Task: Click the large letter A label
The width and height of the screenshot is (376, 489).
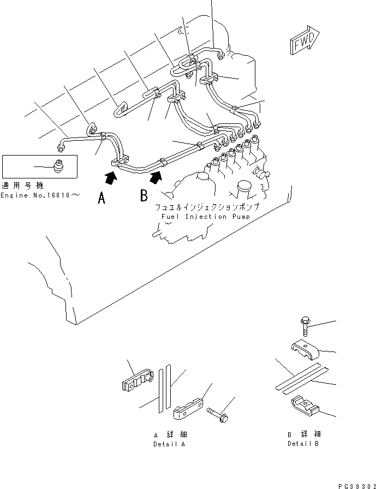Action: pos(101,199)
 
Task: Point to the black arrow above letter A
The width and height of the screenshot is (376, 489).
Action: pos(111,176)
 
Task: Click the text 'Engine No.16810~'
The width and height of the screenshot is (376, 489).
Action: pos(36,195)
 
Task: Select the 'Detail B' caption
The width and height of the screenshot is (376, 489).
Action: pos(304,444)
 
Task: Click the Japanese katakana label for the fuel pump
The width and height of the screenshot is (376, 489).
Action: pos(206,208)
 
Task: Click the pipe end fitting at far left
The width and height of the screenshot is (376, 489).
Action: pos(61,146)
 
